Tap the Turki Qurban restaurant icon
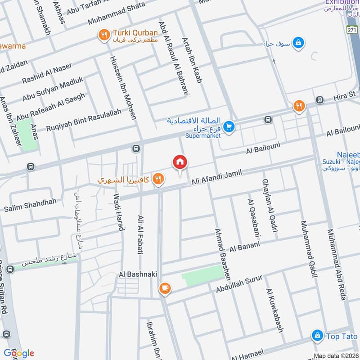[104, 33]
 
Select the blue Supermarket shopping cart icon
[229, 128]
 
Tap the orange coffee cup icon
[165, 288]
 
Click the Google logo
[18, 353]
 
